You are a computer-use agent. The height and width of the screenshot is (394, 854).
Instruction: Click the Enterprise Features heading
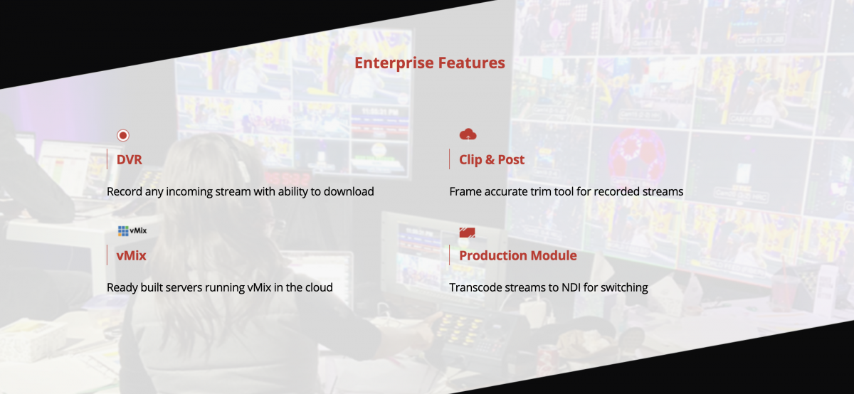(x=430, y=63)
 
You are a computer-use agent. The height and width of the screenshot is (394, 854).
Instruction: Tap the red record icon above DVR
(x=122, y=135)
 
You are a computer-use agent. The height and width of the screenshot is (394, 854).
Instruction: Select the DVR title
(x=130, y=159)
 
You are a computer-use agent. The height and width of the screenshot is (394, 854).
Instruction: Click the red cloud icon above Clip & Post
(x=468, y=134)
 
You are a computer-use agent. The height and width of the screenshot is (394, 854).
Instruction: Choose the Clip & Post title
(x=492, y=159)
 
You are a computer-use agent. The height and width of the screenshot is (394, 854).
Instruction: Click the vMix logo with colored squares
(x=132, y=231)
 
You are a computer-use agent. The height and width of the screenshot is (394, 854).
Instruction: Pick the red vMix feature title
(x=131, y=255)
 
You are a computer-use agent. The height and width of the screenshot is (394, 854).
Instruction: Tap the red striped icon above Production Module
(x=467, y=233)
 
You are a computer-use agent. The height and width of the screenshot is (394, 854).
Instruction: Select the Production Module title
(x=518, y=255)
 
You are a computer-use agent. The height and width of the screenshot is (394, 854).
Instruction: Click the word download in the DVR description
(x=349, y=191)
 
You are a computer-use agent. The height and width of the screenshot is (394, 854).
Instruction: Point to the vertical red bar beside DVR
(x=107, y=159)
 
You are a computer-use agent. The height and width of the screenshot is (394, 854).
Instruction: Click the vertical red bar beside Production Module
(x=450, y=255)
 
